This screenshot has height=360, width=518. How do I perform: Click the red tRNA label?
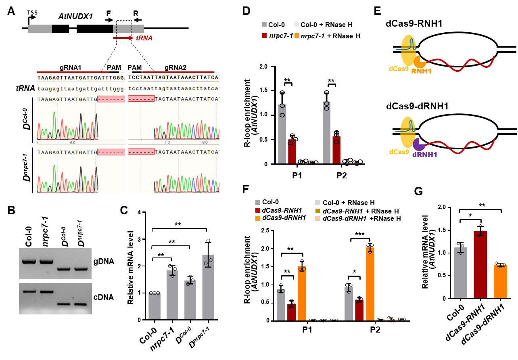pos(144,38)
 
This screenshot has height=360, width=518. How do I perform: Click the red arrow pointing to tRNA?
pos(123,38)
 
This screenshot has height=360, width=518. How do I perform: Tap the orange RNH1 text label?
pos(421,71)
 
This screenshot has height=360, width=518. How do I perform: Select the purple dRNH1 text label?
pos(424,155)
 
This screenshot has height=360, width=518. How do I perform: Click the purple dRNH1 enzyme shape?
pos(419,144)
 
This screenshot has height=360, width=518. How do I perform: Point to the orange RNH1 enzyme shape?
pos(420,62)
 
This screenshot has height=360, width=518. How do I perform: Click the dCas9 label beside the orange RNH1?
pos(399,69)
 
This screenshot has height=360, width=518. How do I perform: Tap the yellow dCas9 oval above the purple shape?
pos(407,132)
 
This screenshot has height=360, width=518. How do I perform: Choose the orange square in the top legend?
pos(297,36)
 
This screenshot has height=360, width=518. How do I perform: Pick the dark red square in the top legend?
pos(264,36)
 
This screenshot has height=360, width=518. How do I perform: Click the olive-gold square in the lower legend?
pos(317,211)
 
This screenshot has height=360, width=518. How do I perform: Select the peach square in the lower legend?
pos(317,218)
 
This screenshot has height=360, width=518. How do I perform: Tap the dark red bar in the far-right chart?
pos(480,264)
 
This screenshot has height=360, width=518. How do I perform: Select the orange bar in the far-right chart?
pos(500,281)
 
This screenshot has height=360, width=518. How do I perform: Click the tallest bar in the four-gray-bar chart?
pos(208,287)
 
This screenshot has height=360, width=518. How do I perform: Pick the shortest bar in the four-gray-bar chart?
pos(155,306)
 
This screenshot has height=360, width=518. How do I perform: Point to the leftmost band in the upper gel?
pos(29,261)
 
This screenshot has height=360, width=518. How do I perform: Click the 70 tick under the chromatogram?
pos(167,142)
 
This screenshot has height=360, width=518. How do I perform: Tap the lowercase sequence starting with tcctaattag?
pos(174,89)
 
